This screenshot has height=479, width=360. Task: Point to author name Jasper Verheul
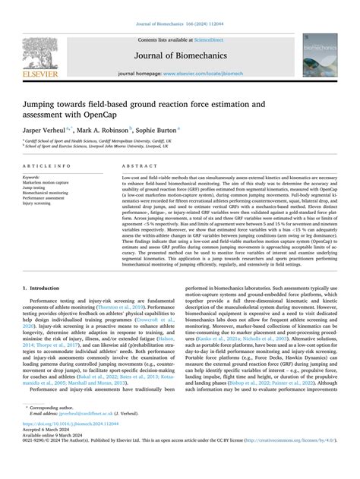click(x=46, y=131)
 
